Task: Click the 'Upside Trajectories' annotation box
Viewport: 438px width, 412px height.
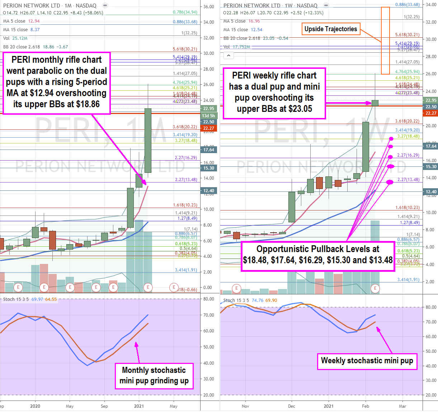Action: (x=330, y=29)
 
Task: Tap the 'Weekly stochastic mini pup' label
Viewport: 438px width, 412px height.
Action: (x=367, y=361)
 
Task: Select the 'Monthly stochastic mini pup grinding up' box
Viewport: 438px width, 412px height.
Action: (x=154, y=375)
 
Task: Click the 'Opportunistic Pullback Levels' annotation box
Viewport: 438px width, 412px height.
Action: (x=317, y=254)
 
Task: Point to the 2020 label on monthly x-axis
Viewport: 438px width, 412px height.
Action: (x=35, y=406)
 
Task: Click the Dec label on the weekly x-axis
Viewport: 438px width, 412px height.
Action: (x=291, y=406)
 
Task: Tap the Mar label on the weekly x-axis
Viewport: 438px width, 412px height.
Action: (x=402, y=406)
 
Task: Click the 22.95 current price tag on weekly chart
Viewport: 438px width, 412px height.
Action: (x=430, y=100)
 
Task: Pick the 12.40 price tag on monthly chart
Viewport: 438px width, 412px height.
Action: (x=208, y=191)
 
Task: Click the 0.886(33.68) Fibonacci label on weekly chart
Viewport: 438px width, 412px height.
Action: (x=407, y=5)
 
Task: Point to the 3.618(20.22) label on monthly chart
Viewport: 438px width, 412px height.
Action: (x=185, y=127)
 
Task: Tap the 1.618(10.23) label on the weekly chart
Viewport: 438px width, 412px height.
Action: (x=407, y=208)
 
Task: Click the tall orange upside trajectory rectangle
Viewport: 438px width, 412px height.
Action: (x=385, y=40)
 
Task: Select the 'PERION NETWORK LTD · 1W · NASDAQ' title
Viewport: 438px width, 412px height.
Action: (x=270, y=6)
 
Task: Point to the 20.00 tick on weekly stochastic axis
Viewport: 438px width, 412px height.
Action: (x=430, y=395)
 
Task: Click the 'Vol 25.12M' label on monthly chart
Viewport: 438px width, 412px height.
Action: (x=15, y=38)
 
